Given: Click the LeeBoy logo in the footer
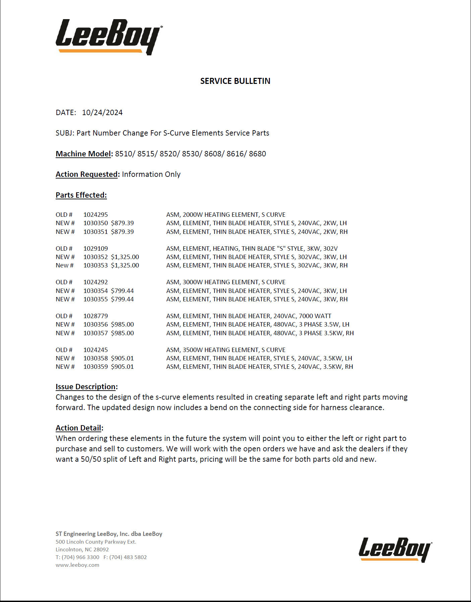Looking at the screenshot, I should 395,549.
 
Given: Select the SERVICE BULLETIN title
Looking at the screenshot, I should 235,81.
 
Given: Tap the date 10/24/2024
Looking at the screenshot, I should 102,113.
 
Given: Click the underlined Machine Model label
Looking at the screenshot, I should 83,154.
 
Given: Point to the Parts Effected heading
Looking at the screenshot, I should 81,195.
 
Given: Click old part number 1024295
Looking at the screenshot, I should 96,215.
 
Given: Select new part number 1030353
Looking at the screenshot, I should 96,265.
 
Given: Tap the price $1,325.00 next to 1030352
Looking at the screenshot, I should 125,257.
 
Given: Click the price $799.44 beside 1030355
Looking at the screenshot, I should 122,299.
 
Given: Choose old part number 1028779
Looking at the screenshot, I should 96,316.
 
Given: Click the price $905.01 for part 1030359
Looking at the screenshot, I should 122,367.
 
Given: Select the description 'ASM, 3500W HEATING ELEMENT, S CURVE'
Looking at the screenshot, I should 226,350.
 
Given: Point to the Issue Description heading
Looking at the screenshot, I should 86,387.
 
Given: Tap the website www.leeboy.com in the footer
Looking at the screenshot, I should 77,565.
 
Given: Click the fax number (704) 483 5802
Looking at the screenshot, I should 128,557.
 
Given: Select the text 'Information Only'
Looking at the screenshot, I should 151,174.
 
